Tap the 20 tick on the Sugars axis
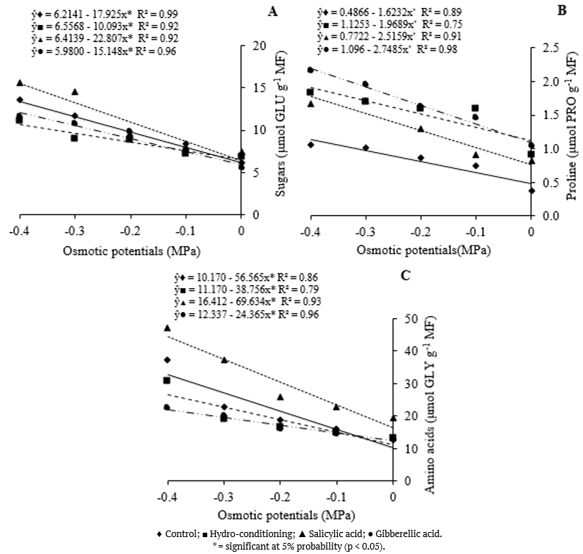point(257,46)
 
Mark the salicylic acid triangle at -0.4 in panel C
point(167,328)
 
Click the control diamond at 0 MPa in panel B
point(531,190)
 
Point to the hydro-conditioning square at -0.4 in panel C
point(167,380)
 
